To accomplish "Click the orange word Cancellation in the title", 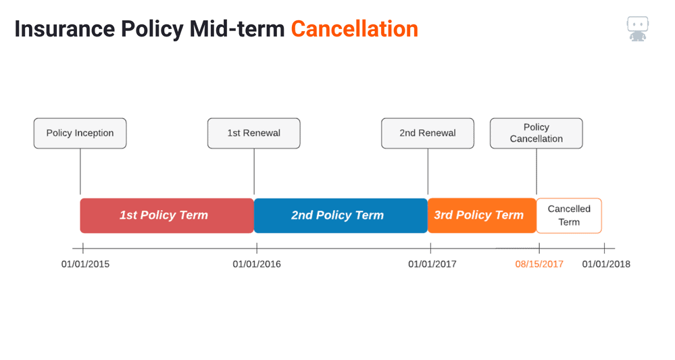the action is point(354,29).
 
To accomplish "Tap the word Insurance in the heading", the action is point(65,29).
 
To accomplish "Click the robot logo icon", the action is point(638,29).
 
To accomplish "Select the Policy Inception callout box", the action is point(80,133).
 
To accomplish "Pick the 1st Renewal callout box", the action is point(254,133).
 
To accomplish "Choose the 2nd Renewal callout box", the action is point(428,133).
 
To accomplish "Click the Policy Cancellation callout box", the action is point(536,133).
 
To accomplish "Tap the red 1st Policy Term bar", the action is point(167,215).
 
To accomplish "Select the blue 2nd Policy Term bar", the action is point(341,215).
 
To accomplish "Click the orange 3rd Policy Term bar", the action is point(482,215).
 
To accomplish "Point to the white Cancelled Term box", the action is point(569,215).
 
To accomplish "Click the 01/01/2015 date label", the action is point(85,264).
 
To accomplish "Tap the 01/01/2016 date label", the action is point(257,264).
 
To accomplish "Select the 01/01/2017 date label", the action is point(432,264).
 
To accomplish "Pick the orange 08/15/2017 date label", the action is point(539,264).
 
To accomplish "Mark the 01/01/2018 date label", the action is point(606,264).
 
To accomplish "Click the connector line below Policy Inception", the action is point(80,172).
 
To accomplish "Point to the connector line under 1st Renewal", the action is point(254,172).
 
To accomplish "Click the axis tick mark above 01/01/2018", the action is point(605,248).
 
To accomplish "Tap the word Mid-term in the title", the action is point(236,29).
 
